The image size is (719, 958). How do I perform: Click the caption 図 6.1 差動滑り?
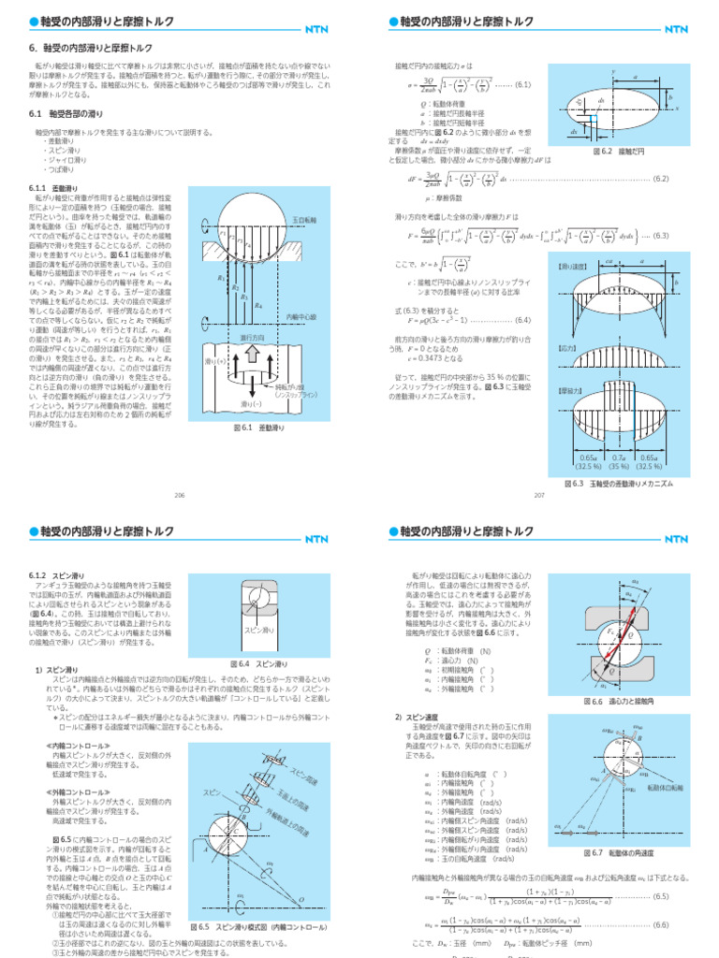tap(244, 428)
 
